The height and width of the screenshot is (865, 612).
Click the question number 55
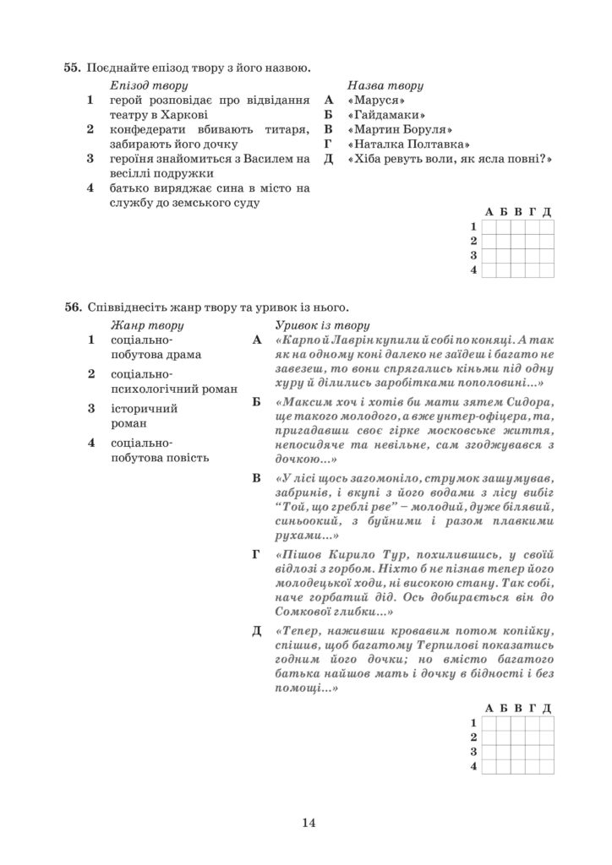pyautogui.click(x=71, y=68)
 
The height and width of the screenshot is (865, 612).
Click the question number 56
pyautogui.click(x=71, y=307)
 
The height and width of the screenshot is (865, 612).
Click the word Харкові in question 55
pyautogui.click(x=186, y=115)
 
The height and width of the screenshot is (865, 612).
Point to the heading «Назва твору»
pyautogui.click(x=385, y=86)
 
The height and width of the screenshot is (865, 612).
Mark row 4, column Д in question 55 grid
pyautogui.click(x=547, y=269)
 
